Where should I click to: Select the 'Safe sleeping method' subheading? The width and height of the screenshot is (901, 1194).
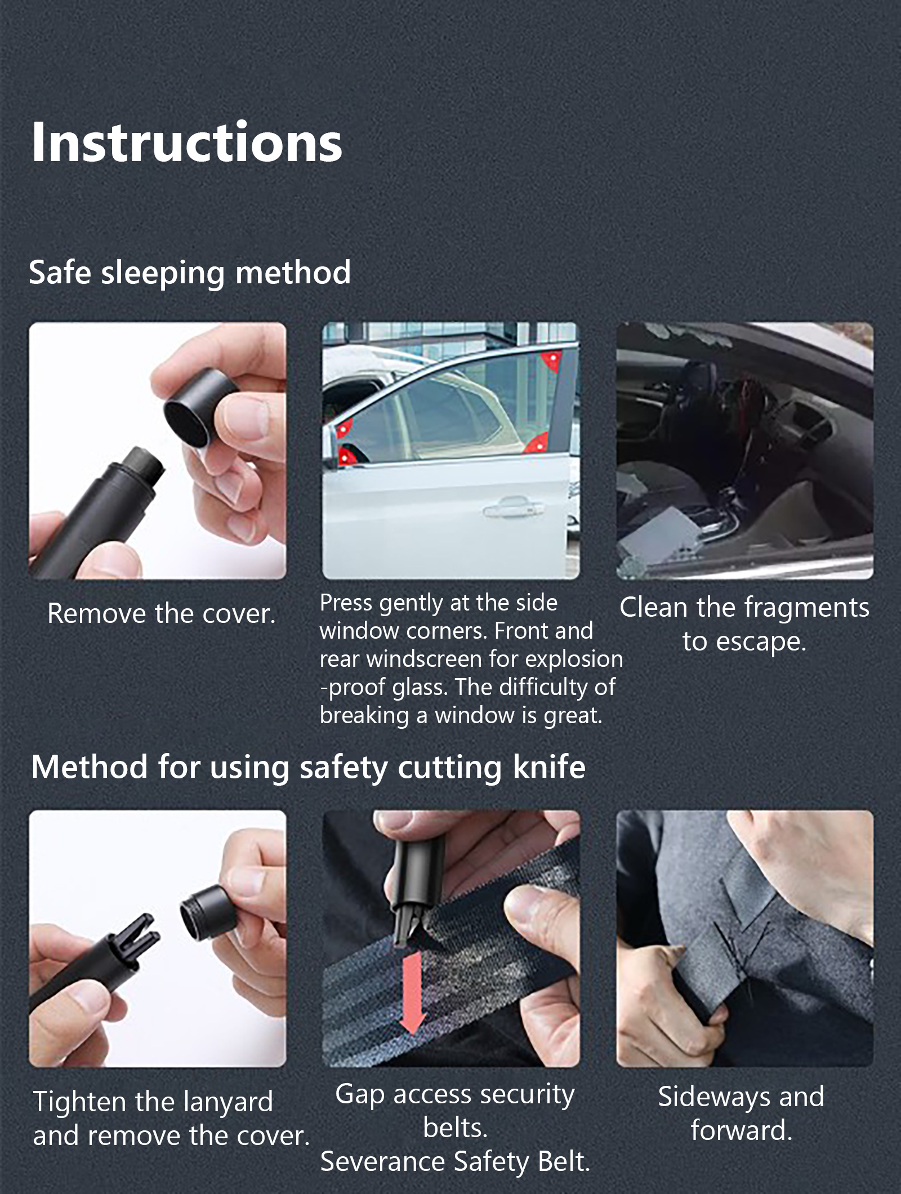190,273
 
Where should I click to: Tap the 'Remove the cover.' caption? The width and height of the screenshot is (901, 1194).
162,613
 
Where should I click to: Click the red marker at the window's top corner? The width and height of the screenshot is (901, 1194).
551,360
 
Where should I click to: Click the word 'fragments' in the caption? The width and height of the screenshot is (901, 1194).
806,608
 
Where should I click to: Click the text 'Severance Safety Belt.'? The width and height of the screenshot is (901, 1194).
455,1162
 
